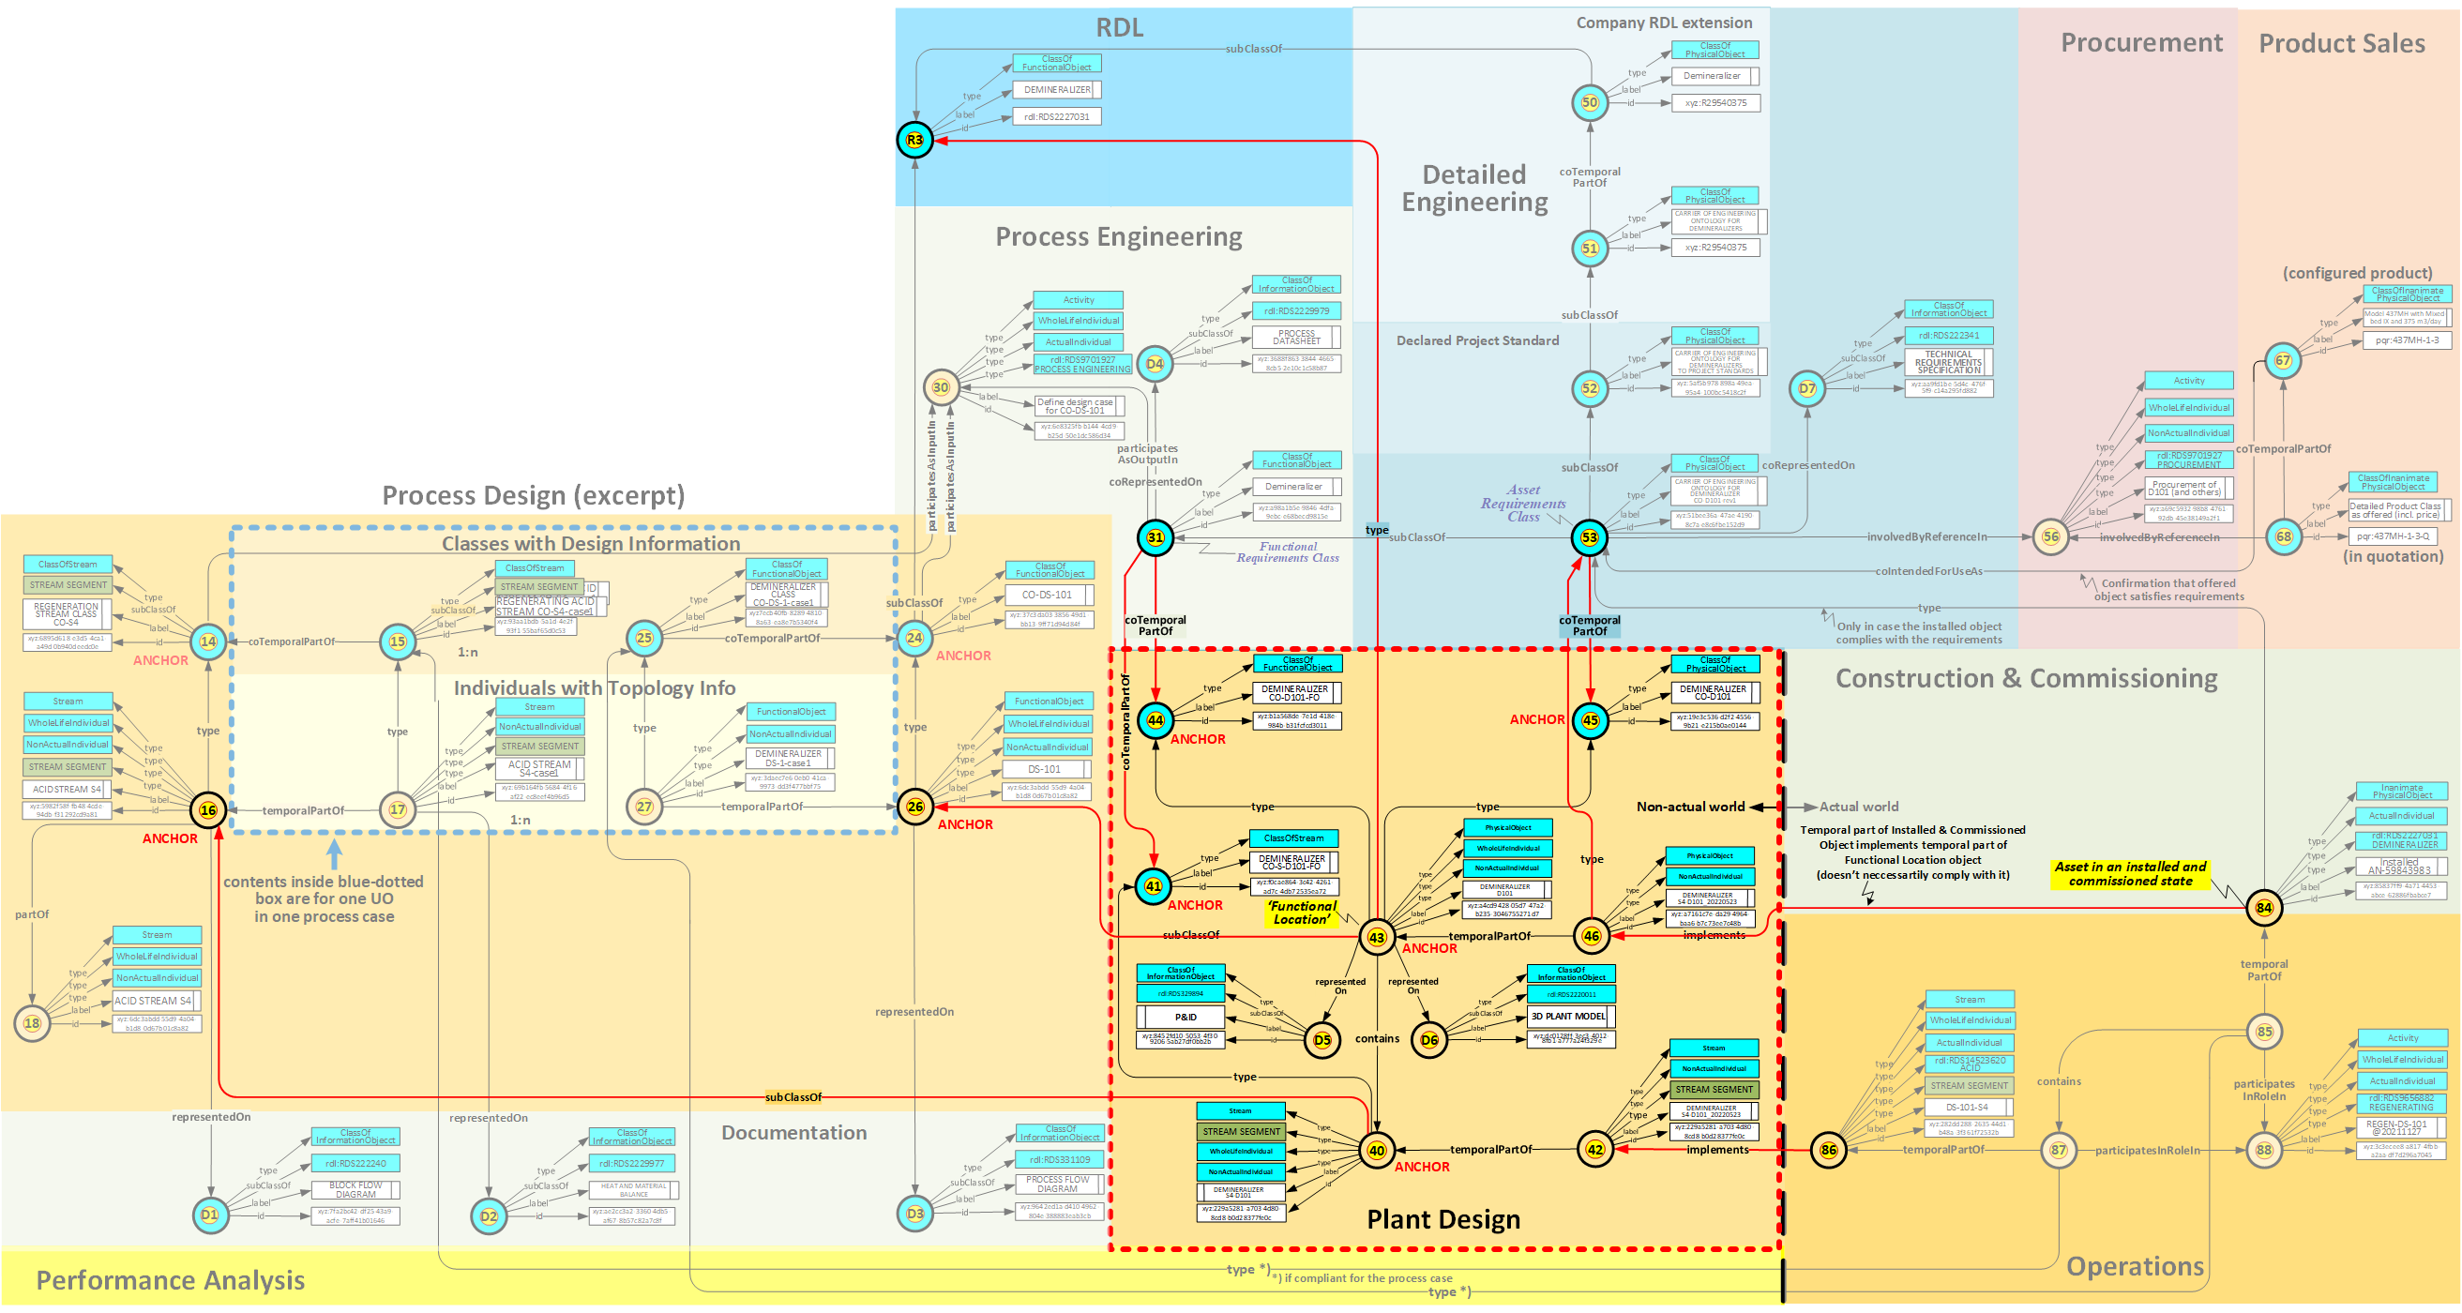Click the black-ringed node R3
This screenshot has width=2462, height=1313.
point(914,141)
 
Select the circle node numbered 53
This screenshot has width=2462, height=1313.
point(1590,538)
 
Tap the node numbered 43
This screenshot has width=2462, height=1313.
point(1376,938)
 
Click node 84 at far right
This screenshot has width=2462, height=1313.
point(2263,908)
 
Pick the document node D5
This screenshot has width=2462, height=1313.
point(1322,1040)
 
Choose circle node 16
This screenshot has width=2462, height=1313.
point(207,810)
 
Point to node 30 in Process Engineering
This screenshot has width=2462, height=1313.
point(941,387)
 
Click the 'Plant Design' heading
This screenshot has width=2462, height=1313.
point(1443,1220)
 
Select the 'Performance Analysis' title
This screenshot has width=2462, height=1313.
point(170,1280)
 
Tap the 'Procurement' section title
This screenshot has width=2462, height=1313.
point(2141,43)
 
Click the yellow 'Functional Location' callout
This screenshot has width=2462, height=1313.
point(1301,913)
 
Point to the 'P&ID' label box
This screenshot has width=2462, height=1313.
point(1186,1017)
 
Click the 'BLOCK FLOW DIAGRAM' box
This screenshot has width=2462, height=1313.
point(355,1190)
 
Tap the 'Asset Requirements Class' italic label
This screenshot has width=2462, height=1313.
point(1523,504)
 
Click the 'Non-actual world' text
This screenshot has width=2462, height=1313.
point(1690,807)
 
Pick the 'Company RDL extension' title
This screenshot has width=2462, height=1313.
point(1663,23)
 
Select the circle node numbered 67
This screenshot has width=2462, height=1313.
point(2282,360)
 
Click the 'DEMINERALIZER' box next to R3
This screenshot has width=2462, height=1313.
point(1056,90)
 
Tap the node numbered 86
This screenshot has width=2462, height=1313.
point(1827,1150)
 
